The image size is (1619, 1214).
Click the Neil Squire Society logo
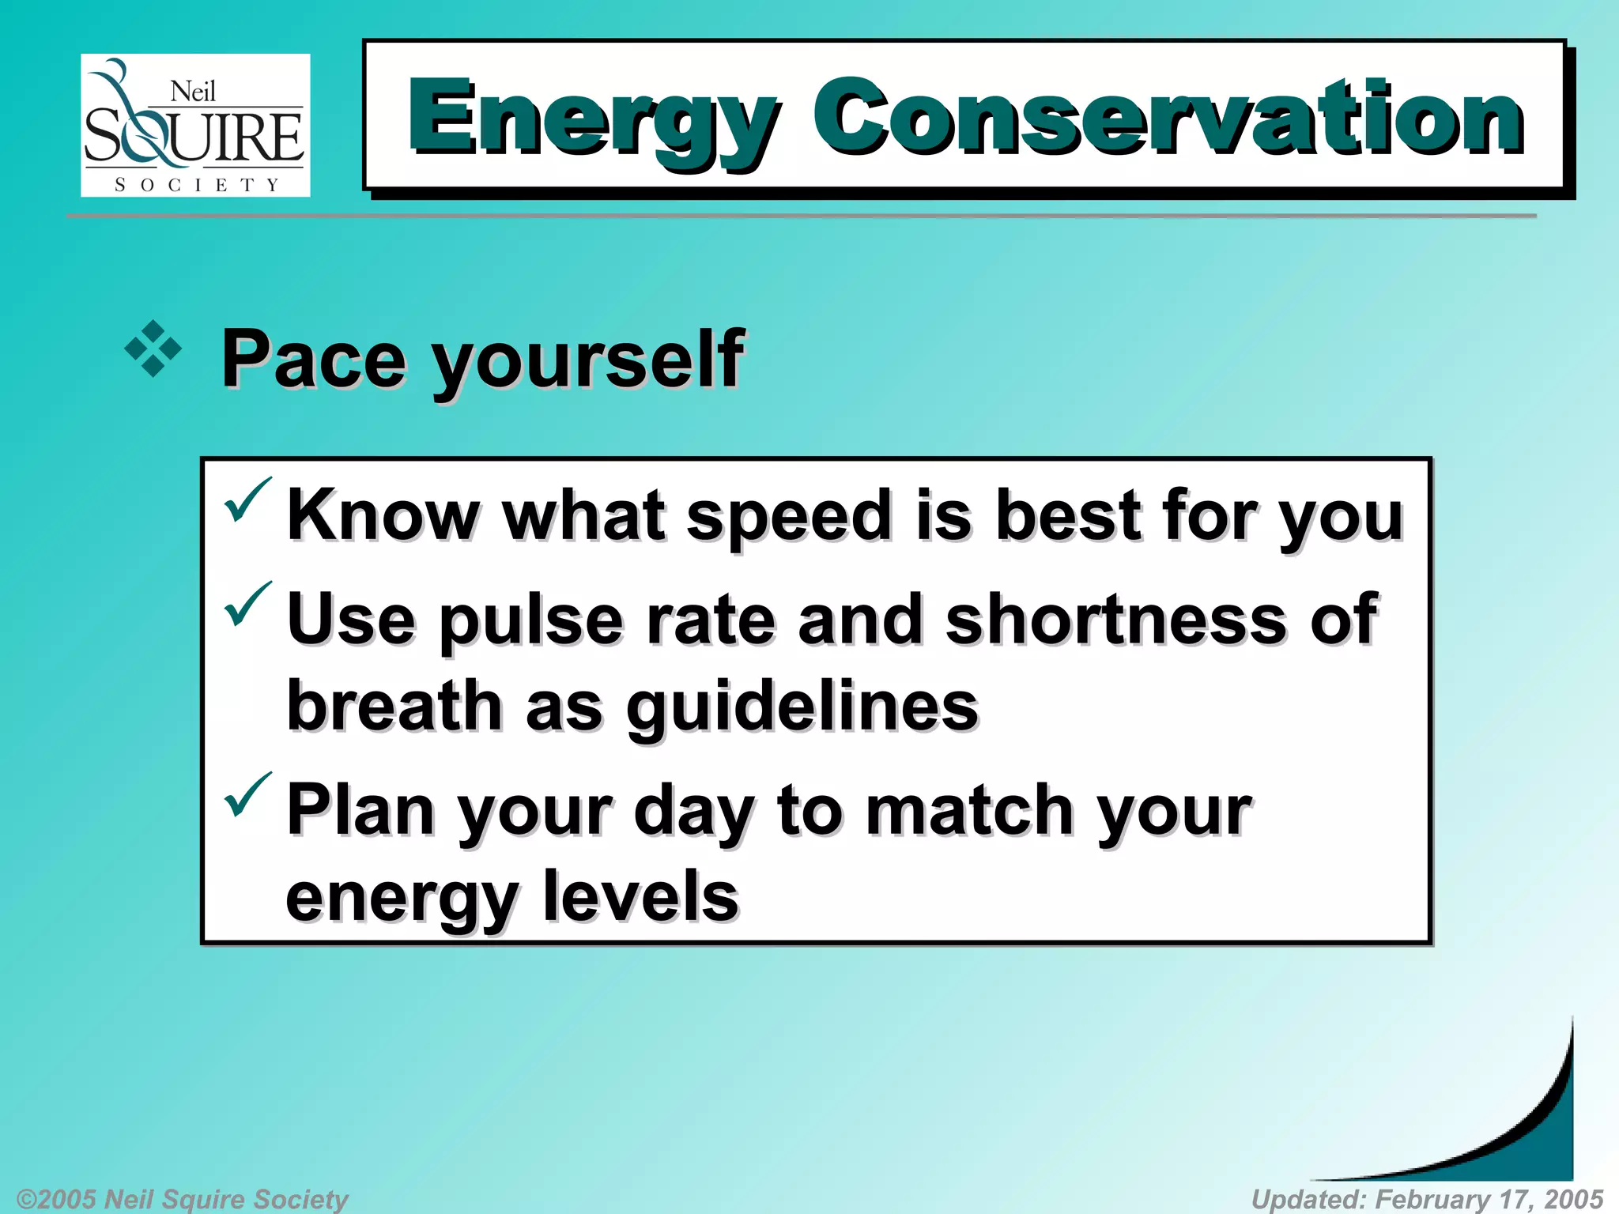tap(194, 125)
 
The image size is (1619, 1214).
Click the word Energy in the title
tap(593, 119)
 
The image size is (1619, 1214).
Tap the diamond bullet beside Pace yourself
tap(153, 349)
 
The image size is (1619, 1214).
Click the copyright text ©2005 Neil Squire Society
tap(182, 1199)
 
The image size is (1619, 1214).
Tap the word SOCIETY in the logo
tap(197, 185)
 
